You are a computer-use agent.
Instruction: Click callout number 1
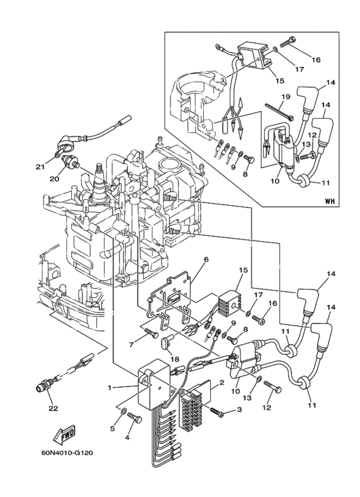click(x=110, y=387)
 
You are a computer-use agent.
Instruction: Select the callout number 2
click(x=222, y=383)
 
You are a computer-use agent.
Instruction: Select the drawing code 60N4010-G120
click(x=67, y=453)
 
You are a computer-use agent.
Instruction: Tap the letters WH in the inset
click(x=330, y=201)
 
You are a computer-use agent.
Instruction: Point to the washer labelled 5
click(x=123, y=410)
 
